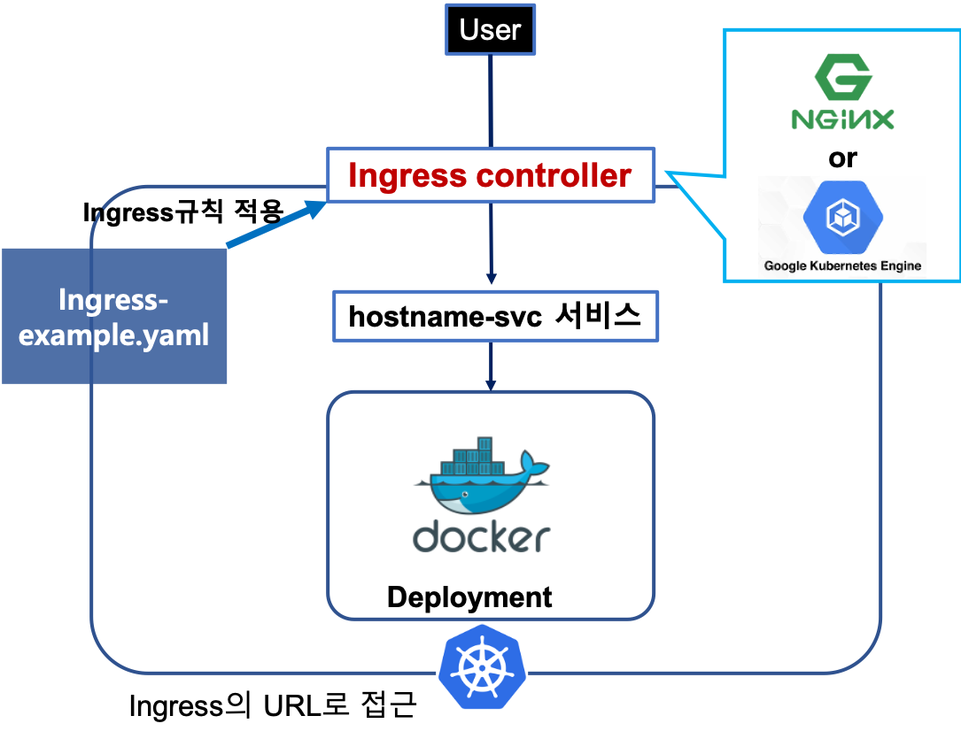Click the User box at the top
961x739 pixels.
pyautogui.click(x=490, y=31)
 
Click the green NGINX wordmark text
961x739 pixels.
pyautogui.click(x=842, y=119)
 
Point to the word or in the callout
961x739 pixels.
pyautogui.click(x=842, y=158)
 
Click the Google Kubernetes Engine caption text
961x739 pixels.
pyautogui.click(x=842, y=266)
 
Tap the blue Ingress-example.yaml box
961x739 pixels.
pyautogui.click(x=114, y=316)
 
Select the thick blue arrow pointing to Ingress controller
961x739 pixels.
pyautogui.click(x=275, y=224)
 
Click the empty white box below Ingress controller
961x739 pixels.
pyautogui.click(x=495, y=316)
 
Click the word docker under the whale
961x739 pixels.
pyautogui.click(x=483, y=536)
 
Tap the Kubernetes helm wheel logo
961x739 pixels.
pyautogui.click(x=482, y=666)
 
